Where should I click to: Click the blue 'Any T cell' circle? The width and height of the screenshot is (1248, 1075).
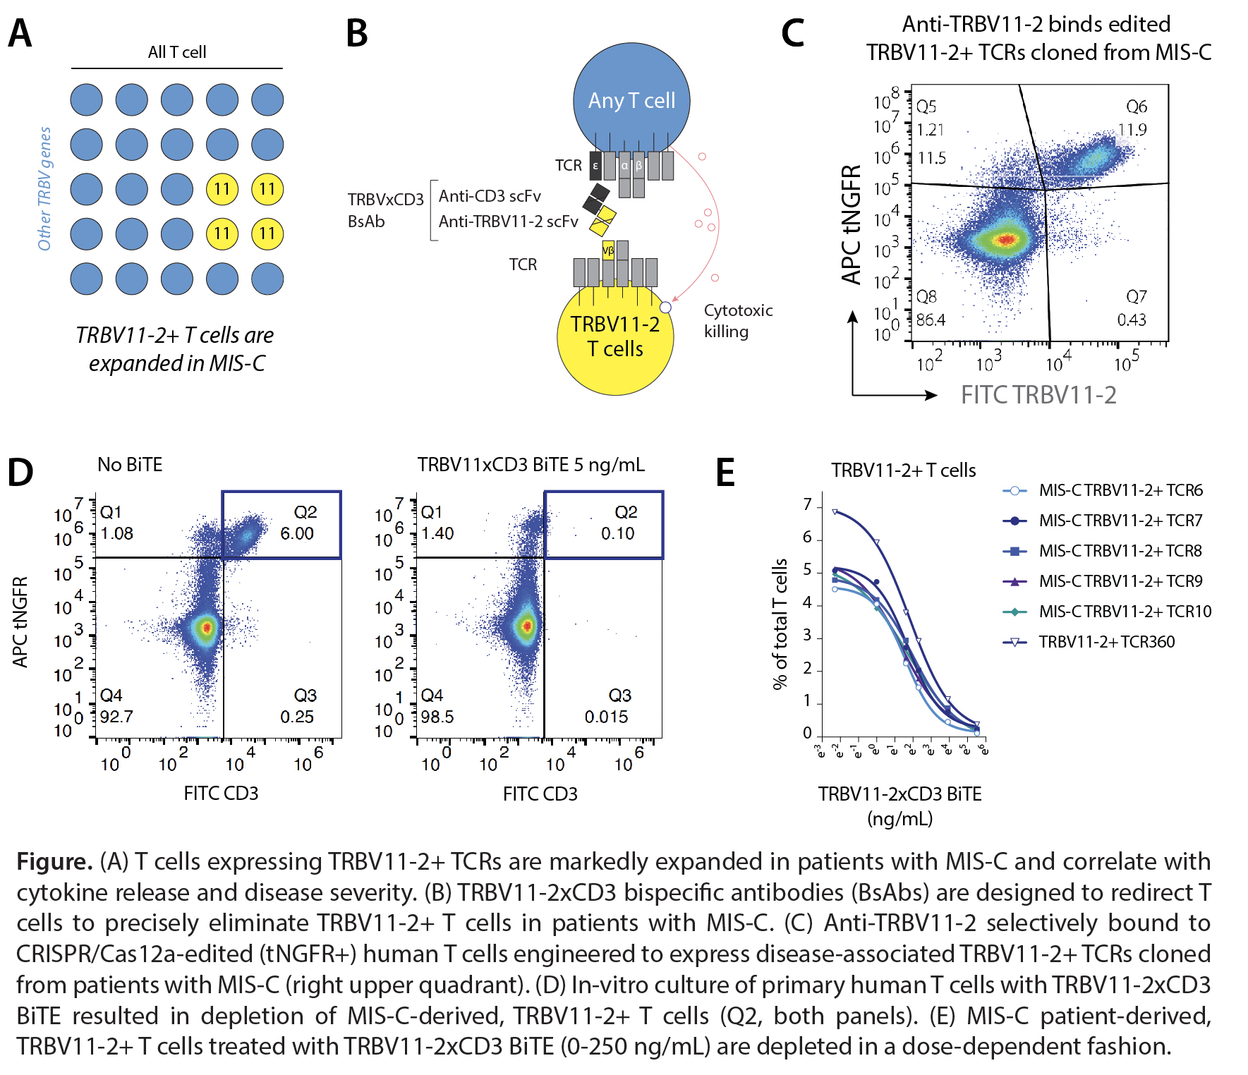click(x=631, y=100)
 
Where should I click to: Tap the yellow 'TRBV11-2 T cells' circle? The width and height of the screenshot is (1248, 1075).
click(x=614, y=336)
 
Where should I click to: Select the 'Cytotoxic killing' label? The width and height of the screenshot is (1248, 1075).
click(x=738, y=321)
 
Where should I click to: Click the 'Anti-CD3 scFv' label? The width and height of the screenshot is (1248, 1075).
click(x=490, y=196)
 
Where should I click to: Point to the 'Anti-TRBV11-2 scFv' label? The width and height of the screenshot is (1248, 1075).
click(x=508, y=221)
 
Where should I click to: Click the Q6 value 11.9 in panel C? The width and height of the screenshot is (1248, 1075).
click(x=1132, y=130)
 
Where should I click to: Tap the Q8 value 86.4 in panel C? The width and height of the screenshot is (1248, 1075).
click(x=931, y=320)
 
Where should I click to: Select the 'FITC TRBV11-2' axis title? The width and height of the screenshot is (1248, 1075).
click(x=1038, y=395)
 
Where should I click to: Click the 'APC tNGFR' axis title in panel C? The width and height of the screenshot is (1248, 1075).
click(x=852, y=224)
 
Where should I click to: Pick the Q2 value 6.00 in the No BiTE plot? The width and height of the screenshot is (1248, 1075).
click(x=297, y=534)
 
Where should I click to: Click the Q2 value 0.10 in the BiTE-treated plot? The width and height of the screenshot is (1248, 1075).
click(x=617, y=534)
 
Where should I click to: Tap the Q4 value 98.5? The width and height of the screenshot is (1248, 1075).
click(x=437, y=717)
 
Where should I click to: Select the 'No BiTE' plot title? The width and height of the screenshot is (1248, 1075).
click(x=130, y=465)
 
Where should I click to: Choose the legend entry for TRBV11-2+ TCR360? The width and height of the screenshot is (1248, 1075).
click(x=1106, y=642)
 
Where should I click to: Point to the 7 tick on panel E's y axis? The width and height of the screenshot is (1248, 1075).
click(x=808, y=505)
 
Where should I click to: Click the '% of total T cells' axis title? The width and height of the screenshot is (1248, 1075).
click(x=780, y=624)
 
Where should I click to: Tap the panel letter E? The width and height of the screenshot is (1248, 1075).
click(x=725, y=473)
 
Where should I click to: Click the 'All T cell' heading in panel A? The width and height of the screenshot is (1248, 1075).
click(x=177, y=52)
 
